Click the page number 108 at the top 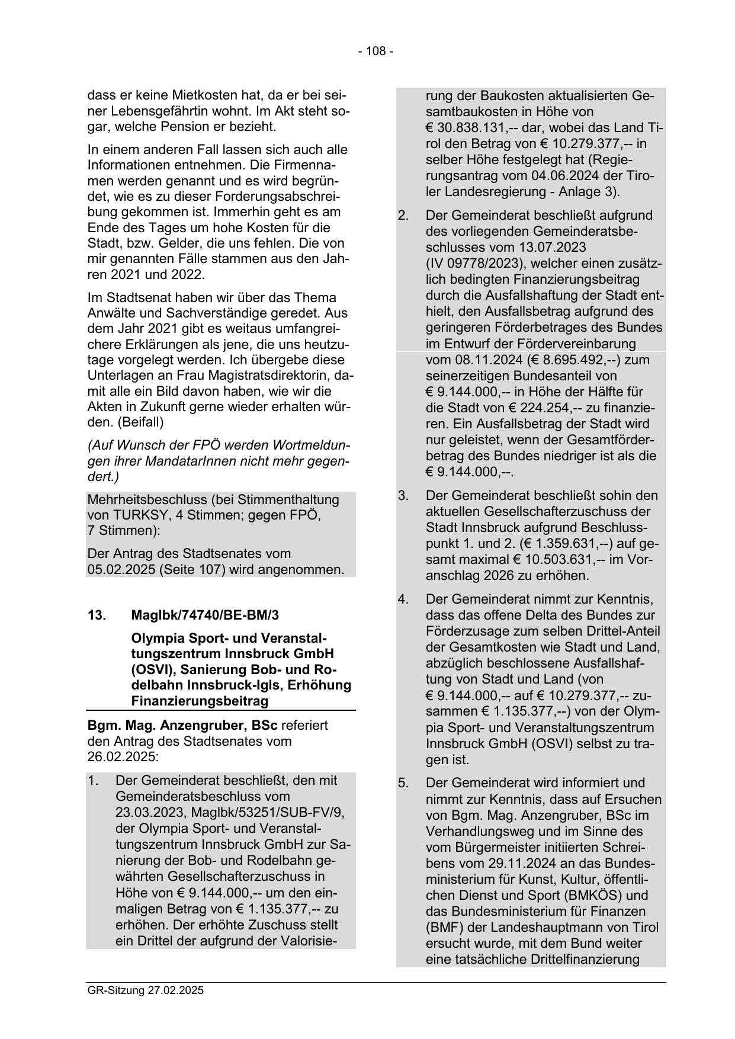(x=375, y=52)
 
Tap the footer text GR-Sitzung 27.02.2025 (x=145, y=990)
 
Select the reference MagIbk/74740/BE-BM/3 (x=205, y=615)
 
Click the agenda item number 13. (x=97, y=615)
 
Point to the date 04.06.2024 (x=554, y=176)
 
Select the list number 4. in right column (x=403, y=599)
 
